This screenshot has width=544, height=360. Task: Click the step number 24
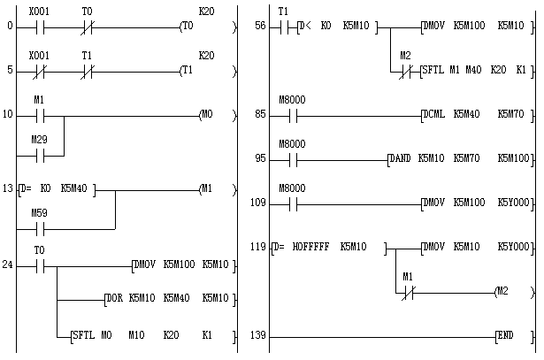(x=8, y=265)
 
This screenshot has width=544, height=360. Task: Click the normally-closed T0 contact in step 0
(x=86, y=27)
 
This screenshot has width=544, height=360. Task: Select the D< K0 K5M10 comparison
(x=340, y=27)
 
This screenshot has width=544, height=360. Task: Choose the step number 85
(x=257, y=114)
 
